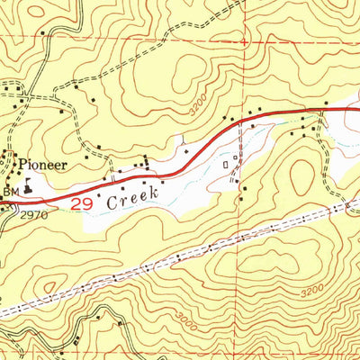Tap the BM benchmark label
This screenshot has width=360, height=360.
[x=10, y=193]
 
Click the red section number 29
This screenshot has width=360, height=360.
[x=83, y=204]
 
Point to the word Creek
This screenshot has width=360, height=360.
[x=133, y=196]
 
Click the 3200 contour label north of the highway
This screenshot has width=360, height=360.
[x=202, y=109]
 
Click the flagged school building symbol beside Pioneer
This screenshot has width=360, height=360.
[x=27, y=187]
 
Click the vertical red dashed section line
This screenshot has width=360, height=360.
[x=241, y=270]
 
